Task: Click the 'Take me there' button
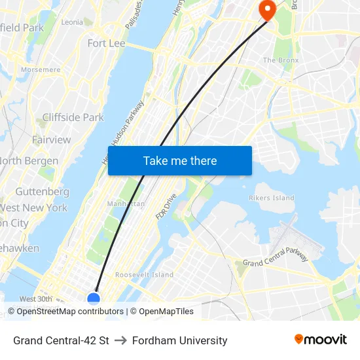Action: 180,160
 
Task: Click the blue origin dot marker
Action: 94,299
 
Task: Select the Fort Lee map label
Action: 106,43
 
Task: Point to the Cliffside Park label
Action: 73,117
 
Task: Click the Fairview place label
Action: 51,139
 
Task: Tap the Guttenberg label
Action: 42,191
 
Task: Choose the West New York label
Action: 34,207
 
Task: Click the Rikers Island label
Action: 272,198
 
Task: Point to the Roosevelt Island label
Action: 144,275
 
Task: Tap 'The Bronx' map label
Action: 280,60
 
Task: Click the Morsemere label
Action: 41,69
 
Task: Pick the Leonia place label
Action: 71,22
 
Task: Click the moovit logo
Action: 320,339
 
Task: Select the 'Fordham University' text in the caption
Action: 179,340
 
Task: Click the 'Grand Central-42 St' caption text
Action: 61,340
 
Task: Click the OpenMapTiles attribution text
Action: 162,312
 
